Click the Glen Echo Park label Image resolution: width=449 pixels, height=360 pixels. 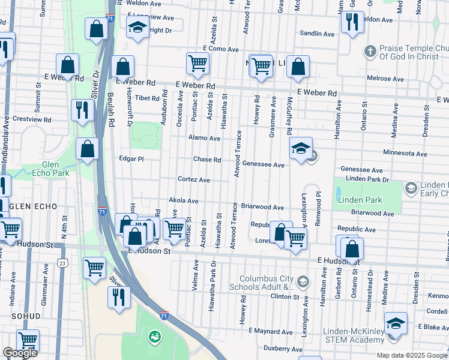pyautogui.click(x=55, y=169)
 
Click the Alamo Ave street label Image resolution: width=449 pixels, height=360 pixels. pyautogui.click(x=205, y=138)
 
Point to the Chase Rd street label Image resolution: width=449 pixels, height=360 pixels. pyautogui.click(x=207, y=160)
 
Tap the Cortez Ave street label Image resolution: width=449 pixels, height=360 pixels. pyautogui.click(x=193, y=179)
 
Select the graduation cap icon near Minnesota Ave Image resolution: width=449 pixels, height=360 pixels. pyautogui.click(x=301, y=148)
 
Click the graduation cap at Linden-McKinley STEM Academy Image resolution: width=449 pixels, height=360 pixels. pyautogui.click(x=396, y=323)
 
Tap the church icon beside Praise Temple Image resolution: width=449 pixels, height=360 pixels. pyautogui.click(x=370, y=50)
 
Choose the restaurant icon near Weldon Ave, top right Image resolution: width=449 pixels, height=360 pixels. pyautogui.click(x=351, y=21)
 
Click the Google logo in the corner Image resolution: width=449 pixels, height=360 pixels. pyautogui.click(x=20, y=353)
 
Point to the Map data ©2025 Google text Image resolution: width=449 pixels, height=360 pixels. pyautogui.click(x=411, y=355)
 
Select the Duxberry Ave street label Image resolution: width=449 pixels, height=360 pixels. pyautogui.click(x=283, y=349)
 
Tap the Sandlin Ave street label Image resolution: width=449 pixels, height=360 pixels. pyautogui.click(x=318, y=34)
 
